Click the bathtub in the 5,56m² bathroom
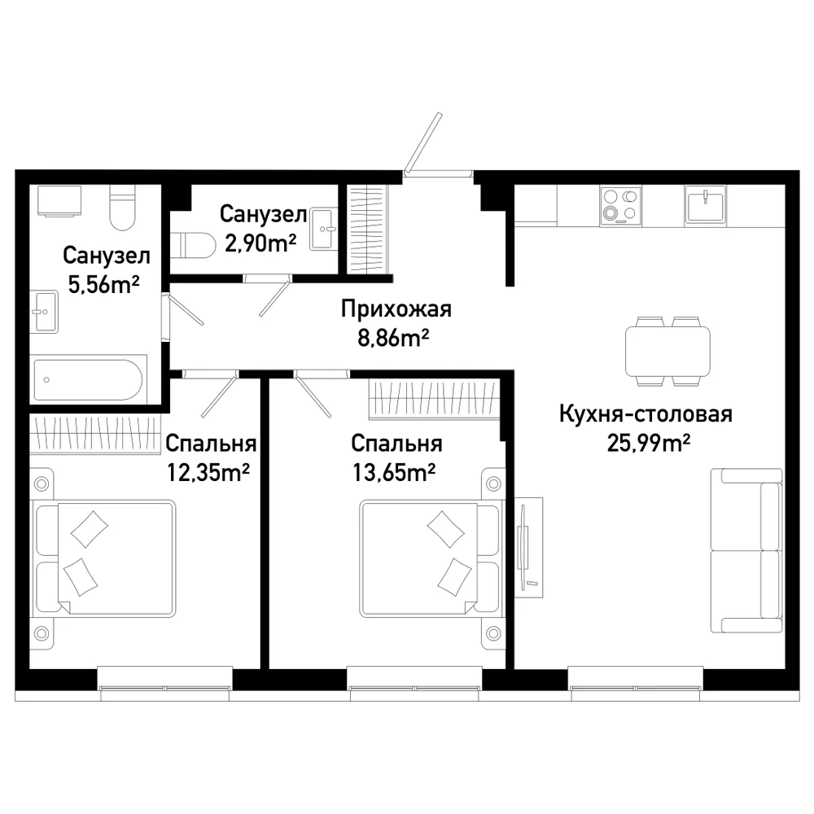(88, 379)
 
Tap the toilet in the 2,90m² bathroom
(193, 245)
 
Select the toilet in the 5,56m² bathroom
(123, 208)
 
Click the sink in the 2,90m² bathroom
(323, 229)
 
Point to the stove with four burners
(620, 206)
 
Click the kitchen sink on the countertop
(705, 204)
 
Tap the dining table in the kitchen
(667, 352)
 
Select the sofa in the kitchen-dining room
(746, 550)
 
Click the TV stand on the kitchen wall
(528, 547)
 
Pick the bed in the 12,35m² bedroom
(104, 558)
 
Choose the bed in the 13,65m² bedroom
(432, 558)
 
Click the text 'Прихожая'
(396, 309)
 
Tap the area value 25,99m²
(649, 444)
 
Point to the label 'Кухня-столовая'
(646, 415)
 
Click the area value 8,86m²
(393, 339)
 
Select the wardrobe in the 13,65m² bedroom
(434, 399)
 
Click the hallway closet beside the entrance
(367, 229)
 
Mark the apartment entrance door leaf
(423, 142)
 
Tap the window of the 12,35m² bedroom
(165, 678)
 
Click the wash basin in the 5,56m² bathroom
(44, 312)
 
